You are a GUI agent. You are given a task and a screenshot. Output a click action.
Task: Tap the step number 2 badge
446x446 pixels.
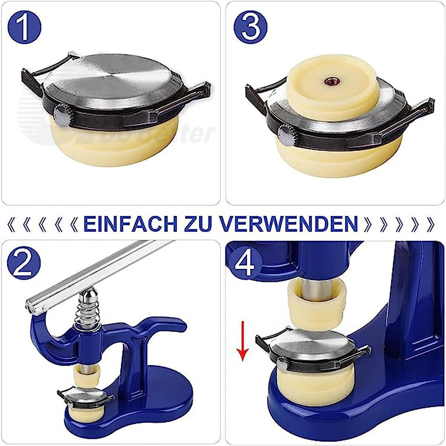tap(25, 264)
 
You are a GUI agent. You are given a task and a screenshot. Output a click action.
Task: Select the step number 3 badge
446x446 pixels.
tap(251, 28)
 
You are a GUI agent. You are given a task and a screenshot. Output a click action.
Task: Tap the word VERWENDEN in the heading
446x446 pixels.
tap(288, 224)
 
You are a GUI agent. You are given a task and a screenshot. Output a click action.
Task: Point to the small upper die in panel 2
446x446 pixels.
tap(87, 376)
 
